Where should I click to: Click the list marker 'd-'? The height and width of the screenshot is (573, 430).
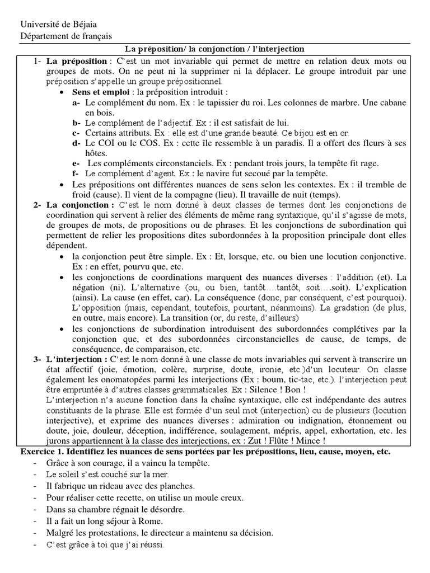(77, 143)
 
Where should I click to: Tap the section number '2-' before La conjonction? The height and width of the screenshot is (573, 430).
(38, 205)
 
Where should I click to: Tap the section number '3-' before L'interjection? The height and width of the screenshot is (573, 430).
(38, 359)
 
